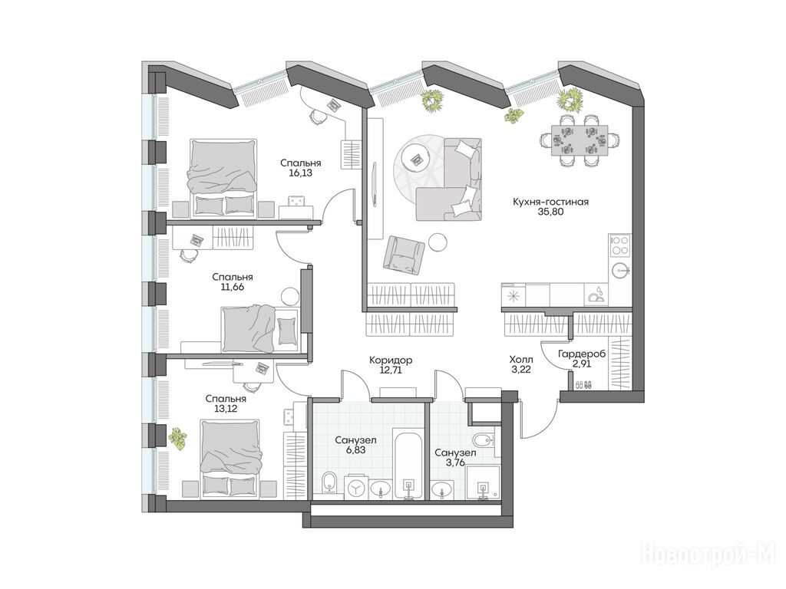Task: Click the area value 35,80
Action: coord(550,212)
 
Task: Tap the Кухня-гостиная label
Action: coord(550,202)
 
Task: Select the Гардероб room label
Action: coord(582,354)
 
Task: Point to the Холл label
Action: coord(521,360)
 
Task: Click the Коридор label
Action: coord(391,360)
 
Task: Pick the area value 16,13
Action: coord(300,173)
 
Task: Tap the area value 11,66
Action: coord(232,288)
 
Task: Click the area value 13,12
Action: coord(226,409)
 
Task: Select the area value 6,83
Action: coord(355,449)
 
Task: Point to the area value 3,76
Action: coord(455,462)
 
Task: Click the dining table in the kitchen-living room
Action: coord(579,140)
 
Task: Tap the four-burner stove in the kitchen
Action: coord(620,246)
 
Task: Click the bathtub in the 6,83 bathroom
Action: coord(410,464)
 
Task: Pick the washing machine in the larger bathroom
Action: coord(356,487)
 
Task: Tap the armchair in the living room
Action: coord(404,255)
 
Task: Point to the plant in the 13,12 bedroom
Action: coord(177,438)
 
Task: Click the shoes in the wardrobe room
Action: coord(583,385)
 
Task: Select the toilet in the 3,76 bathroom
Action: coord(482,440)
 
